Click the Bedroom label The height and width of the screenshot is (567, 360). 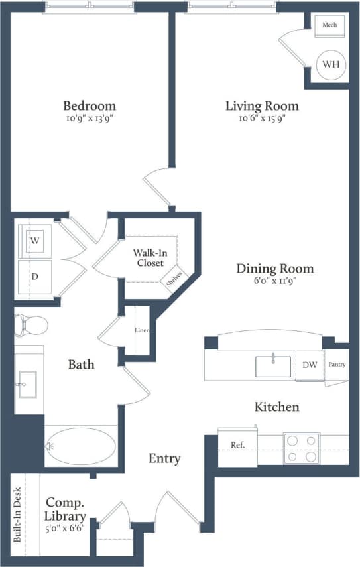pos(90,105)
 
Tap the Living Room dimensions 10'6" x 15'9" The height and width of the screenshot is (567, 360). pos(262,119)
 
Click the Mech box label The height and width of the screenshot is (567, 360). pos(330,25)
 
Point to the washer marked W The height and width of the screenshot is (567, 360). pos(34,241)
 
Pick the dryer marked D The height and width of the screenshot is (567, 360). pos(34,275)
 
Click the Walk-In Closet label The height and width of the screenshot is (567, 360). pos(150,257)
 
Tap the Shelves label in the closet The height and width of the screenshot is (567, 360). pos(176,279)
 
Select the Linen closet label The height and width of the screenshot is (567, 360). pos(142,330)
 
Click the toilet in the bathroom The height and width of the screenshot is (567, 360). pos(31,325)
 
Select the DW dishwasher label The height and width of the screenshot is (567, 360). pos(309,365)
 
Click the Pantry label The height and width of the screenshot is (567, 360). pos(337,365)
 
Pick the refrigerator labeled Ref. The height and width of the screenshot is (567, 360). pos(237,445)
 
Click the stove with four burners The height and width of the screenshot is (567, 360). pos(302,448)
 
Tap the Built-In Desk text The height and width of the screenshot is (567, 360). pos(18,515)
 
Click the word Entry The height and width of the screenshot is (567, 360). pos(164,458)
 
